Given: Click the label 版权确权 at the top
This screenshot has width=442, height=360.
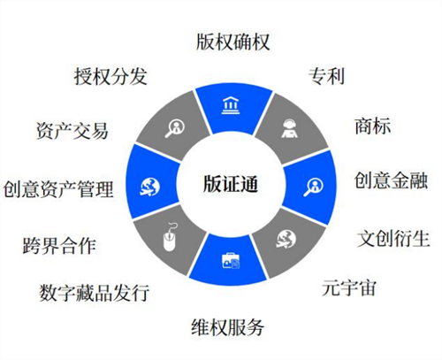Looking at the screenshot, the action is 232,42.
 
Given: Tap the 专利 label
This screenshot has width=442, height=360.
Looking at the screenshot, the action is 326,76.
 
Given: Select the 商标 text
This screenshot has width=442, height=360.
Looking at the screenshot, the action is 373,126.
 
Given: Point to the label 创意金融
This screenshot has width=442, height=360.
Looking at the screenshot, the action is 391,180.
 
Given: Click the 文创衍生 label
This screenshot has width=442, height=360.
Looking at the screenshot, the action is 393,238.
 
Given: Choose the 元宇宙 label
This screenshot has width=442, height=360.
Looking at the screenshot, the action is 349,287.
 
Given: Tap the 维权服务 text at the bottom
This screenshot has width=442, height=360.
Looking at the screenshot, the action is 227,327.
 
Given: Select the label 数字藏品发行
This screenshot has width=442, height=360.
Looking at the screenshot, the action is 95,293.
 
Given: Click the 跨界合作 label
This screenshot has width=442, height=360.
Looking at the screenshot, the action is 59,246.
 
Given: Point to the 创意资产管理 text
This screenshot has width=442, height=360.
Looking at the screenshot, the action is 58,189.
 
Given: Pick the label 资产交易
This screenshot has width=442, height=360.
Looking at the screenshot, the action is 72,131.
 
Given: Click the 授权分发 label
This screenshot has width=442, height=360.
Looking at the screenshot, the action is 110,76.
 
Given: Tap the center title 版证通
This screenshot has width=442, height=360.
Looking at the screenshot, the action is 231,184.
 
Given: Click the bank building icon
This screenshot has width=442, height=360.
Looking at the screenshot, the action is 231,105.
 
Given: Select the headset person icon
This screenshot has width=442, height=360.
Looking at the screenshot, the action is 289,128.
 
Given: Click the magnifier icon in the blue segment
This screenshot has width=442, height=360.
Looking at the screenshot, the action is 313,187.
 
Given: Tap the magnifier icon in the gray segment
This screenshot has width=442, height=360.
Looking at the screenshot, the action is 175,128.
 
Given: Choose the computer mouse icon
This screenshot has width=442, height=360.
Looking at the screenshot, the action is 170,238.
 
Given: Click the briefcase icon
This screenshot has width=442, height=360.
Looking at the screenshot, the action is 231,261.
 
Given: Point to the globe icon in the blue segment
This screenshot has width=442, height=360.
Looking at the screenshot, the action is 149,187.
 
